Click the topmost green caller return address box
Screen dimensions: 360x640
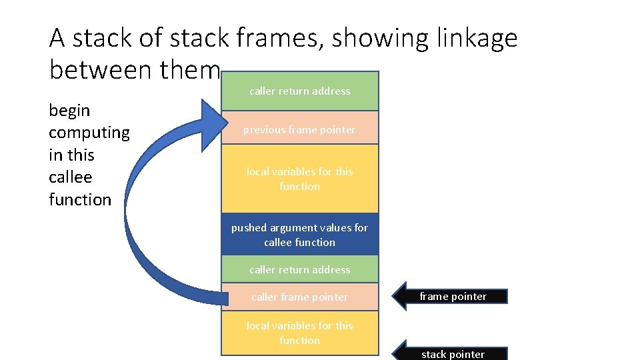pyautogui.click(x=299, y=91)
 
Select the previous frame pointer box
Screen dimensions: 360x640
pyautogui.click(x=299, y=129)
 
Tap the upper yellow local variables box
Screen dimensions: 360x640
pyautogui.click(x=299, y=179)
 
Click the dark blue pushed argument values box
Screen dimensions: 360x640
pyautogui.click(x=299, y=235)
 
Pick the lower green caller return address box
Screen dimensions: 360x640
pyautogui.click(x=299, y=269)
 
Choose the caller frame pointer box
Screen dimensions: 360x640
pyautogui.click(x=299, y=297)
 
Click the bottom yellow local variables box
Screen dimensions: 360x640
pyautogui.click(x=299, y=333)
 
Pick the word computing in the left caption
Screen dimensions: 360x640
pyautogui.click(x=89, y=132)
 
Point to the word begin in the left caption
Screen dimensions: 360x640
pyautogui.click(x=69, y=110)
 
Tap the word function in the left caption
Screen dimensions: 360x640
pyautogui.click(x=80, y=199)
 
